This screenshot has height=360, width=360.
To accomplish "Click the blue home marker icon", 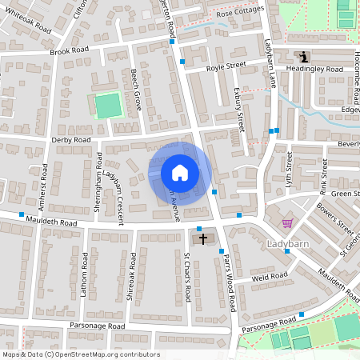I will coord(180,172).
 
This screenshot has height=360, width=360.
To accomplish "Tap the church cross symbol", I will coord(202,238).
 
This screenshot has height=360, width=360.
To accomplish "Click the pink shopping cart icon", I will coord(287,223).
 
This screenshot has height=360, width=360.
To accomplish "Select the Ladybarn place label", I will coord(288,242).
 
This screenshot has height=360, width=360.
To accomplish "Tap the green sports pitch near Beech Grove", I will coord(106,106).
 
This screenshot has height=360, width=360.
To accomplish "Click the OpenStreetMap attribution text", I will coord(80,354).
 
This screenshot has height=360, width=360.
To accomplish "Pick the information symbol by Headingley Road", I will coord(304,55).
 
